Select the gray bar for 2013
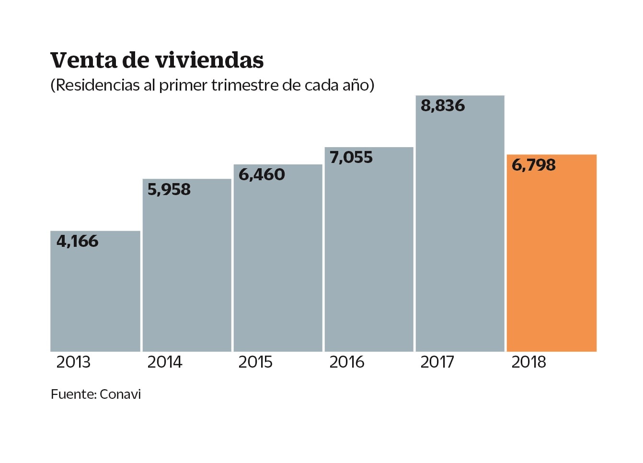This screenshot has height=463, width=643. tap(95, 297)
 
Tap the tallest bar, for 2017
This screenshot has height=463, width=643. tap(460, 230)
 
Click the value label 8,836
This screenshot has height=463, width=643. tap(443, 105)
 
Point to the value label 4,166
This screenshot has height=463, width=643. tap(78, 241)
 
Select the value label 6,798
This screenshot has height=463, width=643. tap(534, 165)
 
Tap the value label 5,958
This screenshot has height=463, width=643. tap(169, 190)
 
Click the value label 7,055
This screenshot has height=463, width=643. tap(351, 157)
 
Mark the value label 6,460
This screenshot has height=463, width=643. tap(262, 174)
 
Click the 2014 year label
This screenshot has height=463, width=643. tap(165, 362)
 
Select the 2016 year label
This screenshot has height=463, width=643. tap(347, 362)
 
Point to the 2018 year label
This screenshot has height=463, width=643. tap(528, 362)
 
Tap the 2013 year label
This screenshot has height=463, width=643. tap(73, 362)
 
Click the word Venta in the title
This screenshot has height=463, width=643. tap(83, 60)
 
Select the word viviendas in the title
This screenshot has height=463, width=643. tap(209, 60)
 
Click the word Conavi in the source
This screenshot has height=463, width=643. tap(120, 394)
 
